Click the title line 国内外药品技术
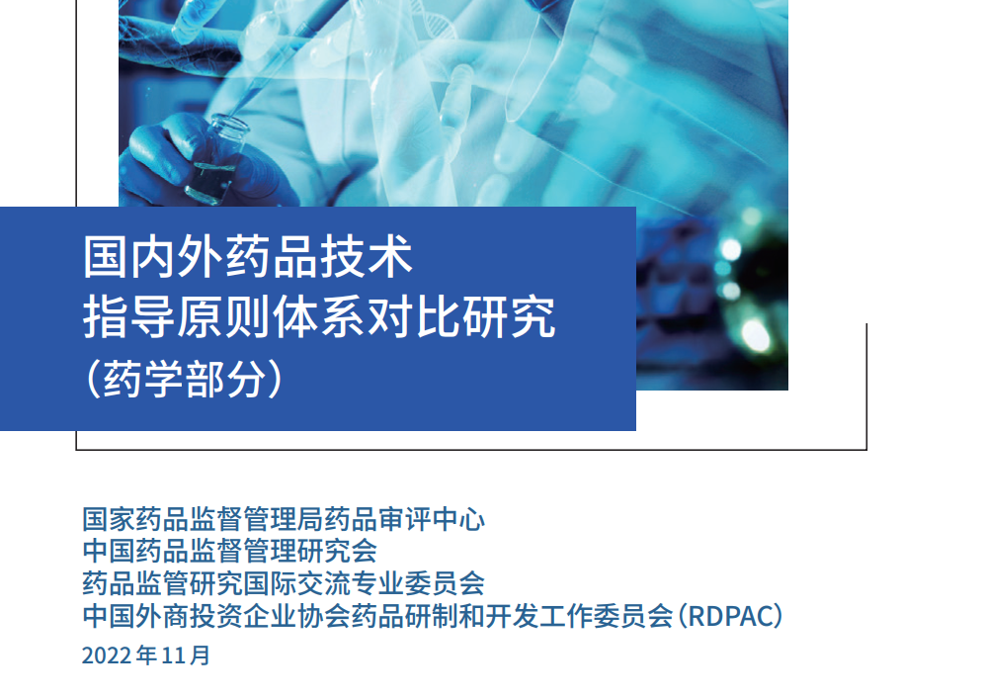click(248, 258)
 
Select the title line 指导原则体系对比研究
click(318, 317)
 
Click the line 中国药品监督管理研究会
click(229, 550)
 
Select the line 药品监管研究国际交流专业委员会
click(284, 583)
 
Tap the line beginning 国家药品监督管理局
click(284, 518)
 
